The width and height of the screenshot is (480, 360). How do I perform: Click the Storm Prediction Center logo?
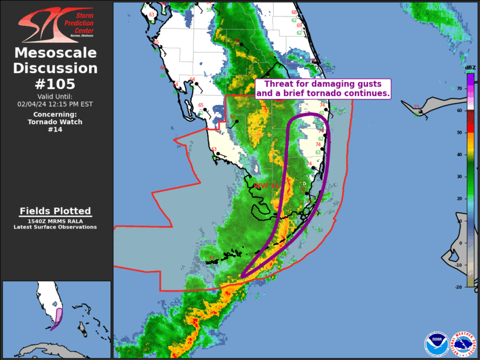[x=56, y=24]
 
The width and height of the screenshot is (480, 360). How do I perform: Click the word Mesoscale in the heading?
[x=55, y=53]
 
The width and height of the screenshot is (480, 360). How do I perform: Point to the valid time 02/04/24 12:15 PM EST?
[x=55, y=104]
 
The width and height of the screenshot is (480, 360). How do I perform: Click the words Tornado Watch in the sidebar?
[x=55, y=122]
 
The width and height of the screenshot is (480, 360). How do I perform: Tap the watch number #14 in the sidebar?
[x=55, y=130]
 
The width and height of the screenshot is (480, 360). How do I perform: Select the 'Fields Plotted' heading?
[x=55, y=211]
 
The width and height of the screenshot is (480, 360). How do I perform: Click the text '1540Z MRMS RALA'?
[x=55, y=221]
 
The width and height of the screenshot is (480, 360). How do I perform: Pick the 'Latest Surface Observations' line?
[x=55, y=227]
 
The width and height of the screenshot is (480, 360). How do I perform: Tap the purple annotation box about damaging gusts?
[x=323, y=89]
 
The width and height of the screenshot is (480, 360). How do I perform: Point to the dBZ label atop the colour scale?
[x=471, y=68]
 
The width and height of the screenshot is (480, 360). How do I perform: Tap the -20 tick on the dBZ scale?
[x=458, y=287]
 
